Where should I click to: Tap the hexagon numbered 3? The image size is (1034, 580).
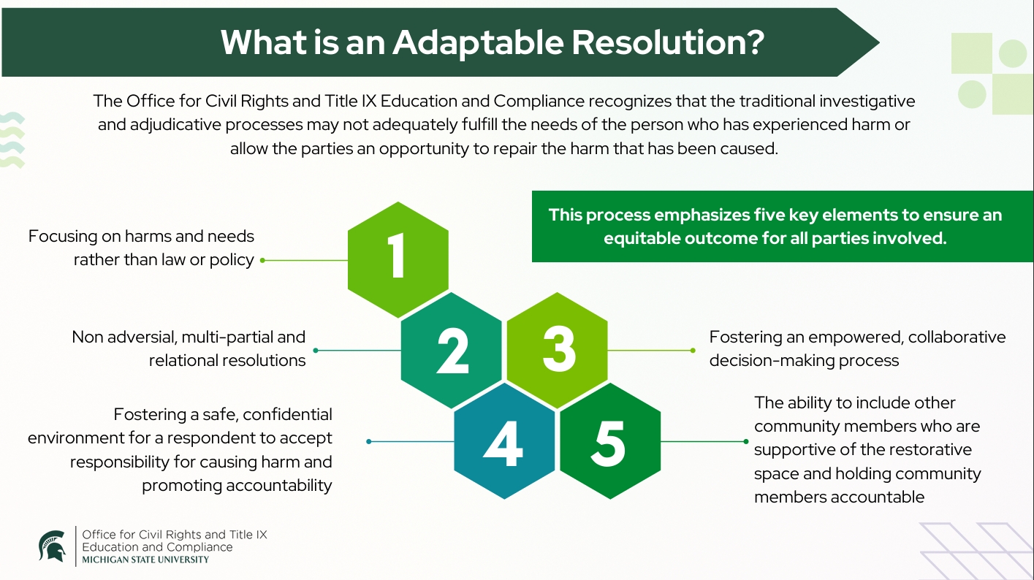(558, 351)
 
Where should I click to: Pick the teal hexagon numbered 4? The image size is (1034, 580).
(504, 441)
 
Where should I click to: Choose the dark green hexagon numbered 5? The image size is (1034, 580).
(610, 441)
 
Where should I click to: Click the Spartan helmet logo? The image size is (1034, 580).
(52, 546)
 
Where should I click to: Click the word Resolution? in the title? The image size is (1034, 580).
(668, 42)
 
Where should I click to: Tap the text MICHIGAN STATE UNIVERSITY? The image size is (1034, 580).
(145, 560)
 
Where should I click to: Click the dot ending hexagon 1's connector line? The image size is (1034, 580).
(262, 259)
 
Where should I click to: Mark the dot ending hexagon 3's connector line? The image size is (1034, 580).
(693, 351)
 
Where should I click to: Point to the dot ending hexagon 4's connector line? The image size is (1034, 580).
(369, 441)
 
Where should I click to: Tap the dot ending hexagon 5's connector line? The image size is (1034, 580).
(745, 441)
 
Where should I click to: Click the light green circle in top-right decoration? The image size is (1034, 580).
(1013, 53)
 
